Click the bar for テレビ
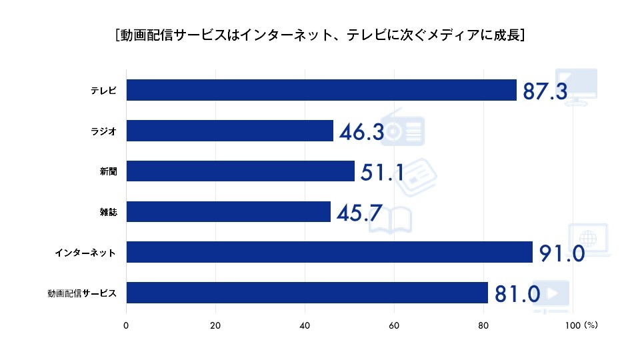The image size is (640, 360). [x=321, y=90]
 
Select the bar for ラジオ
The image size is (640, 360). [x=229, y=131]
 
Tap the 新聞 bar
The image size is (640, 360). [x=240, y=171]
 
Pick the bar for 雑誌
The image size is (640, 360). [x=228, y=212]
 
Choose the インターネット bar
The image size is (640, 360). [x=329, y=252]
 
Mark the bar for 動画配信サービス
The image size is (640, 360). [x=307, y=293]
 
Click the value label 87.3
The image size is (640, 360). [x=545, y=91]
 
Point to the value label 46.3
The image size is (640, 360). [x=361, y=132]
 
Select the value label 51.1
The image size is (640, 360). [x=383, y=173]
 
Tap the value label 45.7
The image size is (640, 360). [x=359, y=213]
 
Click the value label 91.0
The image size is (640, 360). [x=561, y=254]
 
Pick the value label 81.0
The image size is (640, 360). [x=517, y=294]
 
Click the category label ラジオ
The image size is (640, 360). [x=104, y=131]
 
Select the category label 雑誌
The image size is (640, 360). [x=108, y=212]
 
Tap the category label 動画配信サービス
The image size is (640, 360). [x=82, y=293]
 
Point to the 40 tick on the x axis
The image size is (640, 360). [x=305, y=326]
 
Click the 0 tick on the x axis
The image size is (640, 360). [x=126, y=326]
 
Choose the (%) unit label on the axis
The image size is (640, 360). [x=591, y=326]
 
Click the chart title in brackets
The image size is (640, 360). [x=319, y=35]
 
